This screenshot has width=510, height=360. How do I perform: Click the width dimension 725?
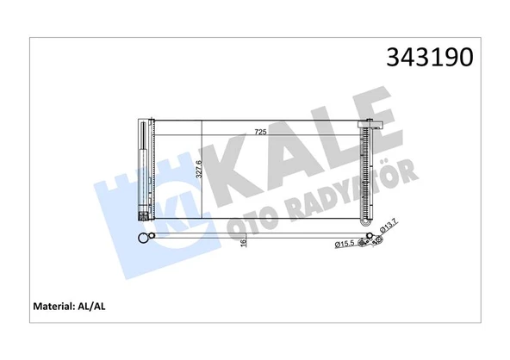click(x=259, y=131)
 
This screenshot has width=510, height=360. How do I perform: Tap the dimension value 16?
click(x=244, y=244)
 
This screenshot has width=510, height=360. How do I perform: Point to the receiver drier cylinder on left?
click(x=142, y=172)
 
